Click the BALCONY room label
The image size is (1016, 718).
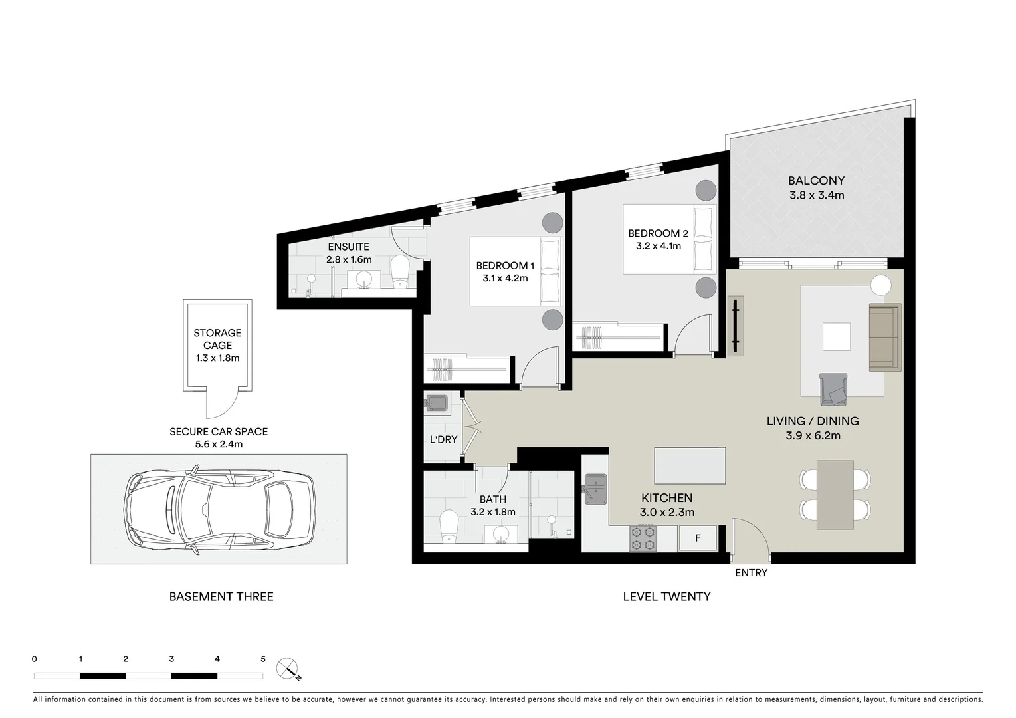click(x=816, y=181)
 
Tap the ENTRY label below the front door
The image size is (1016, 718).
click(x=751, y=573)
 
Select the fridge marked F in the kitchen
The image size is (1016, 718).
click(x=698, y=538)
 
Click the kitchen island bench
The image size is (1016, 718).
click(x=690, y=465)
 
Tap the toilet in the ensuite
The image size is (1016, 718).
click(x=399, y=272)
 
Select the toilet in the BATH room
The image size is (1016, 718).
click(x=449, y=527)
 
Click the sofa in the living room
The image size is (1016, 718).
click(x=884, y=337)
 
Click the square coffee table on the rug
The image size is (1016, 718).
click(x=836, y=336)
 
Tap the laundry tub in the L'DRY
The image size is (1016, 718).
click(x=437, y=403)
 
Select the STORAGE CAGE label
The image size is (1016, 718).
click(x=217, y=339)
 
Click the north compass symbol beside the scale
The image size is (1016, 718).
click(x=288, y=668)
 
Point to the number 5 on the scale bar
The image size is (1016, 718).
click(x=263, y=659)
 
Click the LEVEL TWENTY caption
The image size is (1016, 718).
click(x=666, y=597)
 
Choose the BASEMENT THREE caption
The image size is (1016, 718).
click(x=221, y=597)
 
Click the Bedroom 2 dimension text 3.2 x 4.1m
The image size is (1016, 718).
click(x=658, y=246)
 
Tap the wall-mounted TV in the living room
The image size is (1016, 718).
click(x=735, y=326)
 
